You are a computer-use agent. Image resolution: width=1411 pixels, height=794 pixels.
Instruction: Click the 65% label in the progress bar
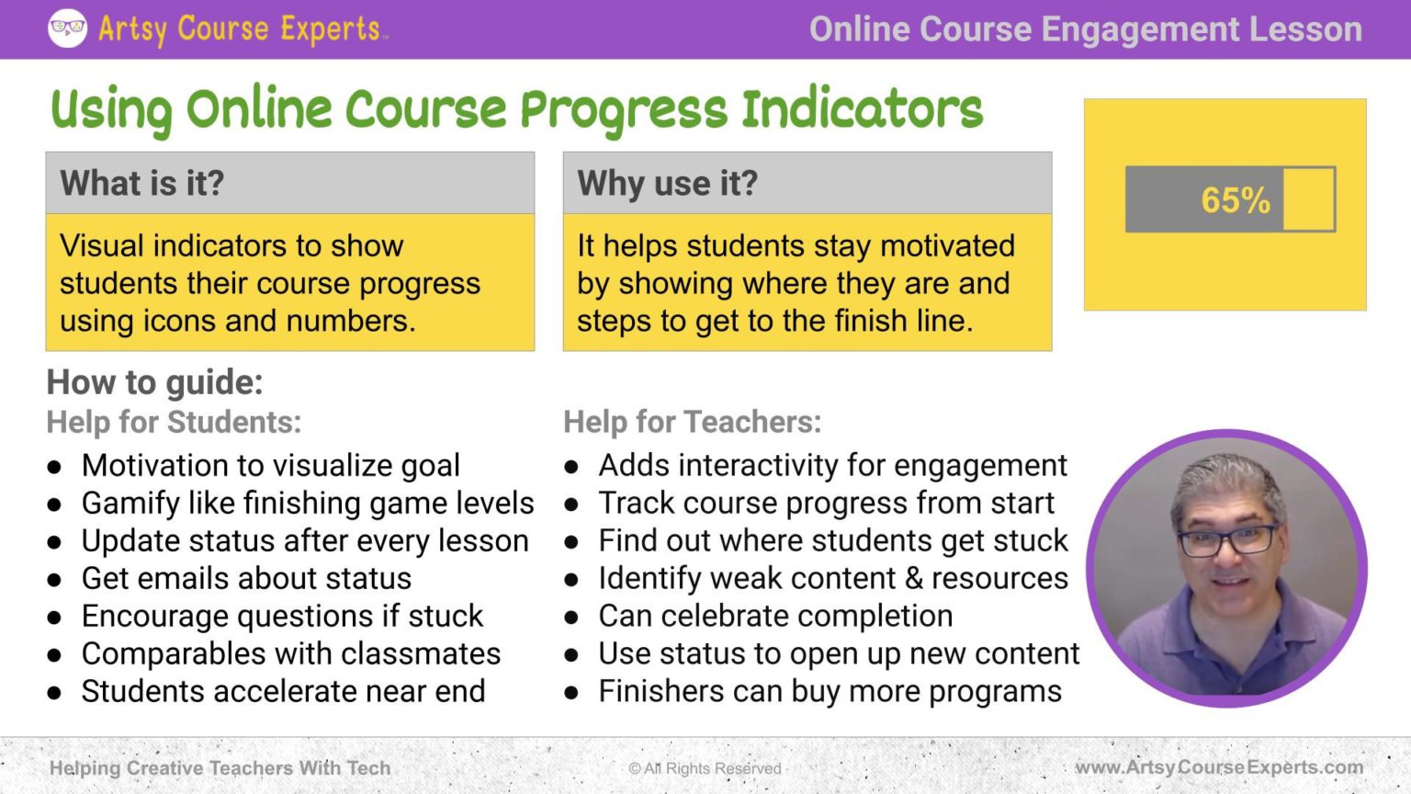1235,200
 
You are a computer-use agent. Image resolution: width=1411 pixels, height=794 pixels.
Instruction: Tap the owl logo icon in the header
67,28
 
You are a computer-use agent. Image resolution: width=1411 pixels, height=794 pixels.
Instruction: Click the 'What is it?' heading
142,183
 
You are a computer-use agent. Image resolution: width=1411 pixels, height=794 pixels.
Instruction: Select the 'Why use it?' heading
668,183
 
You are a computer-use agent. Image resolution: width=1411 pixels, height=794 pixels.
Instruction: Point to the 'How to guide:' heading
154,382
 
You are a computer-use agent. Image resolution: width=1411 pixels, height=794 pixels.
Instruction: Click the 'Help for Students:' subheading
174,422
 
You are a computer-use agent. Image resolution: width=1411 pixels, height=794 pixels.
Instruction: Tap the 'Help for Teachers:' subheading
692,422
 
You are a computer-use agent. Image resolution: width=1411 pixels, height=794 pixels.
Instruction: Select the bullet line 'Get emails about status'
246,578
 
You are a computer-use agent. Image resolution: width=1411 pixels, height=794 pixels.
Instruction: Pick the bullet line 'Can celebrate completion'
775,616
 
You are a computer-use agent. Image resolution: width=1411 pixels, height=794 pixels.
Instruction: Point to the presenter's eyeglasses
1229,539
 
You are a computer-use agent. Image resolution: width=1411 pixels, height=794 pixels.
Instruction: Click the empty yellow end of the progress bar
1308,199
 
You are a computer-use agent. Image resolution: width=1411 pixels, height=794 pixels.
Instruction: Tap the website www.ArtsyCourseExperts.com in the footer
1219,767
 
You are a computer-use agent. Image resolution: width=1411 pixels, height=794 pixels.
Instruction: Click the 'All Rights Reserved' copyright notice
705,768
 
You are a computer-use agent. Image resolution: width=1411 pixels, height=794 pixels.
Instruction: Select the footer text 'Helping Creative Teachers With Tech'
220,768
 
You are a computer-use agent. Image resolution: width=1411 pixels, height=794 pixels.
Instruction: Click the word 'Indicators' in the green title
863,109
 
